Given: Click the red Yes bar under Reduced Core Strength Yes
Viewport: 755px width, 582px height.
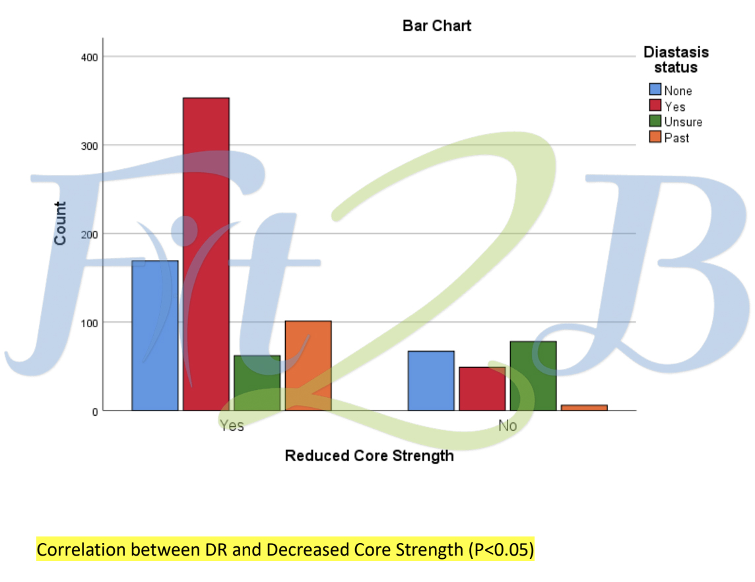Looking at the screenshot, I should point(206,254).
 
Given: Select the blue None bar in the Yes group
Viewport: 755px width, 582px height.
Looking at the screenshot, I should point(155,335).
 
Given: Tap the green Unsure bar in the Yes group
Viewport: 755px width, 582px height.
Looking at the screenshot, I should point(257,383).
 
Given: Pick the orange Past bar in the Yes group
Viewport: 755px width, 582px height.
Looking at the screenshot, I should point(308,366).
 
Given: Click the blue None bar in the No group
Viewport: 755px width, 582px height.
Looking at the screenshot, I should point(431,381).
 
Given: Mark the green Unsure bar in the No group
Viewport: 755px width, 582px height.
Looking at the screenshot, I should point(533,376).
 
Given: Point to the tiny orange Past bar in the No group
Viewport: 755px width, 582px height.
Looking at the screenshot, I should point(584,408).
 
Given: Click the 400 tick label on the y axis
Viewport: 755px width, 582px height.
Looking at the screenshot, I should point(90,57).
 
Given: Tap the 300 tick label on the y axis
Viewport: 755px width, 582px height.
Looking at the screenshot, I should point(90,146).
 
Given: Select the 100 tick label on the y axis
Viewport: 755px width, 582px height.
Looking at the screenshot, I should point(90,323).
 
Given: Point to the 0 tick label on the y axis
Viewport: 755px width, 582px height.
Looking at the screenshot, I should point(95,412).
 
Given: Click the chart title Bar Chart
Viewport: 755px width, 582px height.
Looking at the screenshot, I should point(437,26).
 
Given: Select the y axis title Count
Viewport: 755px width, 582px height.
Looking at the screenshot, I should point(61,224).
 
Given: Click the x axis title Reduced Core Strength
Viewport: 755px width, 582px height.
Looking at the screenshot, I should point(370,456).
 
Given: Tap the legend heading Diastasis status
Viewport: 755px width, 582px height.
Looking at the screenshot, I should point(676,59).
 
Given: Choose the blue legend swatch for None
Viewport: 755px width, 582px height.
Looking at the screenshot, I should point(655,90).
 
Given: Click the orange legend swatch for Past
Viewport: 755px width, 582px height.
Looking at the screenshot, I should point(655,137).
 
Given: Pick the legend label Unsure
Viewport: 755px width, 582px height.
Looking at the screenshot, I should point(683,122).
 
